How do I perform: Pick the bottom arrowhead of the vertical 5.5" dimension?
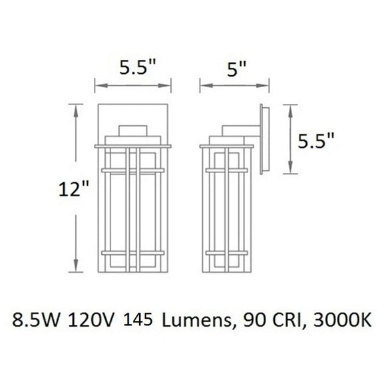coord(290,171)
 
